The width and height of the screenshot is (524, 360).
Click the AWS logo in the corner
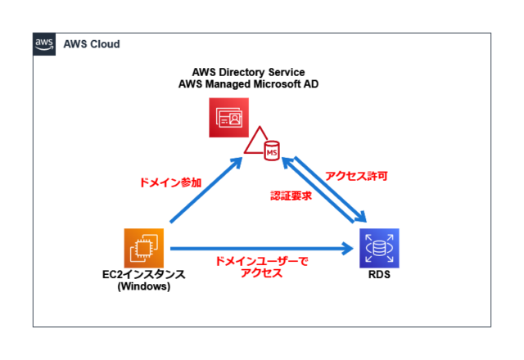pyautogui.click(x=44, y=43)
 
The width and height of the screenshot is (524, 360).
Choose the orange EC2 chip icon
pyautogui.click(x=144, y=247)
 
